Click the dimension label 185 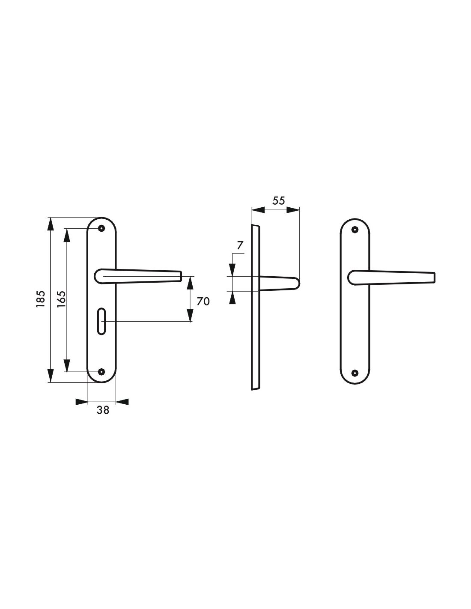tap(41, 299)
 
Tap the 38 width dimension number tap(103, 410)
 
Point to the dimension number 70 tap(203, 301)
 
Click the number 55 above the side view tap(278, 200)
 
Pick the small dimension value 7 tap(240, 246)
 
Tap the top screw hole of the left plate tap(101, 229)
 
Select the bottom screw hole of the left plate tap(101, 371)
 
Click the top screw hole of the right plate tap(355, 230)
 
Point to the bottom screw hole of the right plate tap(355, 372)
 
